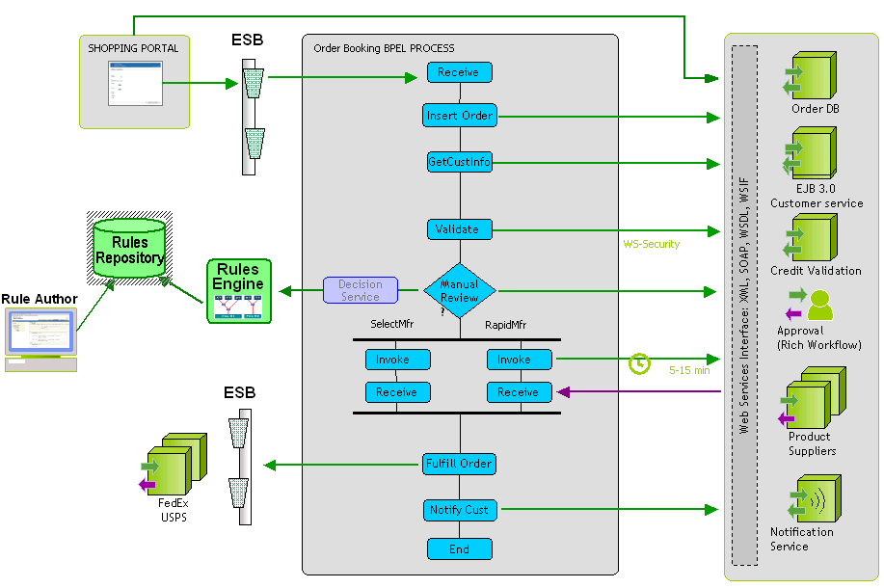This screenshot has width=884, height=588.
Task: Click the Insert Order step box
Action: (460, 116)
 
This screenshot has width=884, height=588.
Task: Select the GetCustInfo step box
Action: (460, 162)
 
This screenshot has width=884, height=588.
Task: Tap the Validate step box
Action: (460, 229)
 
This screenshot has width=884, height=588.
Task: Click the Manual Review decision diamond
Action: (460, 290)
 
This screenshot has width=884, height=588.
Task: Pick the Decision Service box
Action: (360, 290)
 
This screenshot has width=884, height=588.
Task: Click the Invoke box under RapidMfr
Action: (521, 360)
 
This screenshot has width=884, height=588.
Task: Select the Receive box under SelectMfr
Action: (397, 392)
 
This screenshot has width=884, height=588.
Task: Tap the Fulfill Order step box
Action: (460, 464)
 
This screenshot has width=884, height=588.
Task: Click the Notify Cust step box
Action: (460, 510)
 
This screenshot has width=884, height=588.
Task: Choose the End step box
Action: (460, 549)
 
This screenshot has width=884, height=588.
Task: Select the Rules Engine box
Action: (238, 290)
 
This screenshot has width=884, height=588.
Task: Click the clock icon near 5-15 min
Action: (639, 363)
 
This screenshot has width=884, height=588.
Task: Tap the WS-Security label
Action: (652, 245)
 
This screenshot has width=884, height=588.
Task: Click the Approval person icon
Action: (817, 304)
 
